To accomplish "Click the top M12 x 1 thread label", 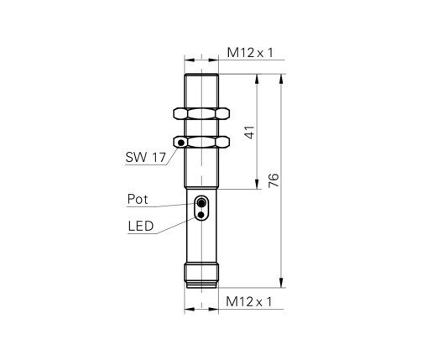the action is click(x=250, y=53).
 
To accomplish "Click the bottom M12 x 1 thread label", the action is click(x=249, y=302).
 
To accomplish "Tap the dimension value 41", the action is click(x=250, y=133).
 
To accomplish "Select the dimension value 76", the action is click(x=274, y=180).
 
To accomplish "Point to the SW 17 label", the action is click(x=145, y=157).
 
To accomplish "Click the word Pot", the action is click(x=138, y=199).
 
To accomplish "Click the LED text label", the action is click(x=141, y=226).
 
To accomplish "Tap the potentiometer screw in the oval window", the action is click(x=201, y=202).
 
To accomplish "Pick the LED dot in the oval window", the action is click(x=201, y=216).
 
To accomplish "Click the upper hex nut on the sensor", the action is click(x=201, y=113).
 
